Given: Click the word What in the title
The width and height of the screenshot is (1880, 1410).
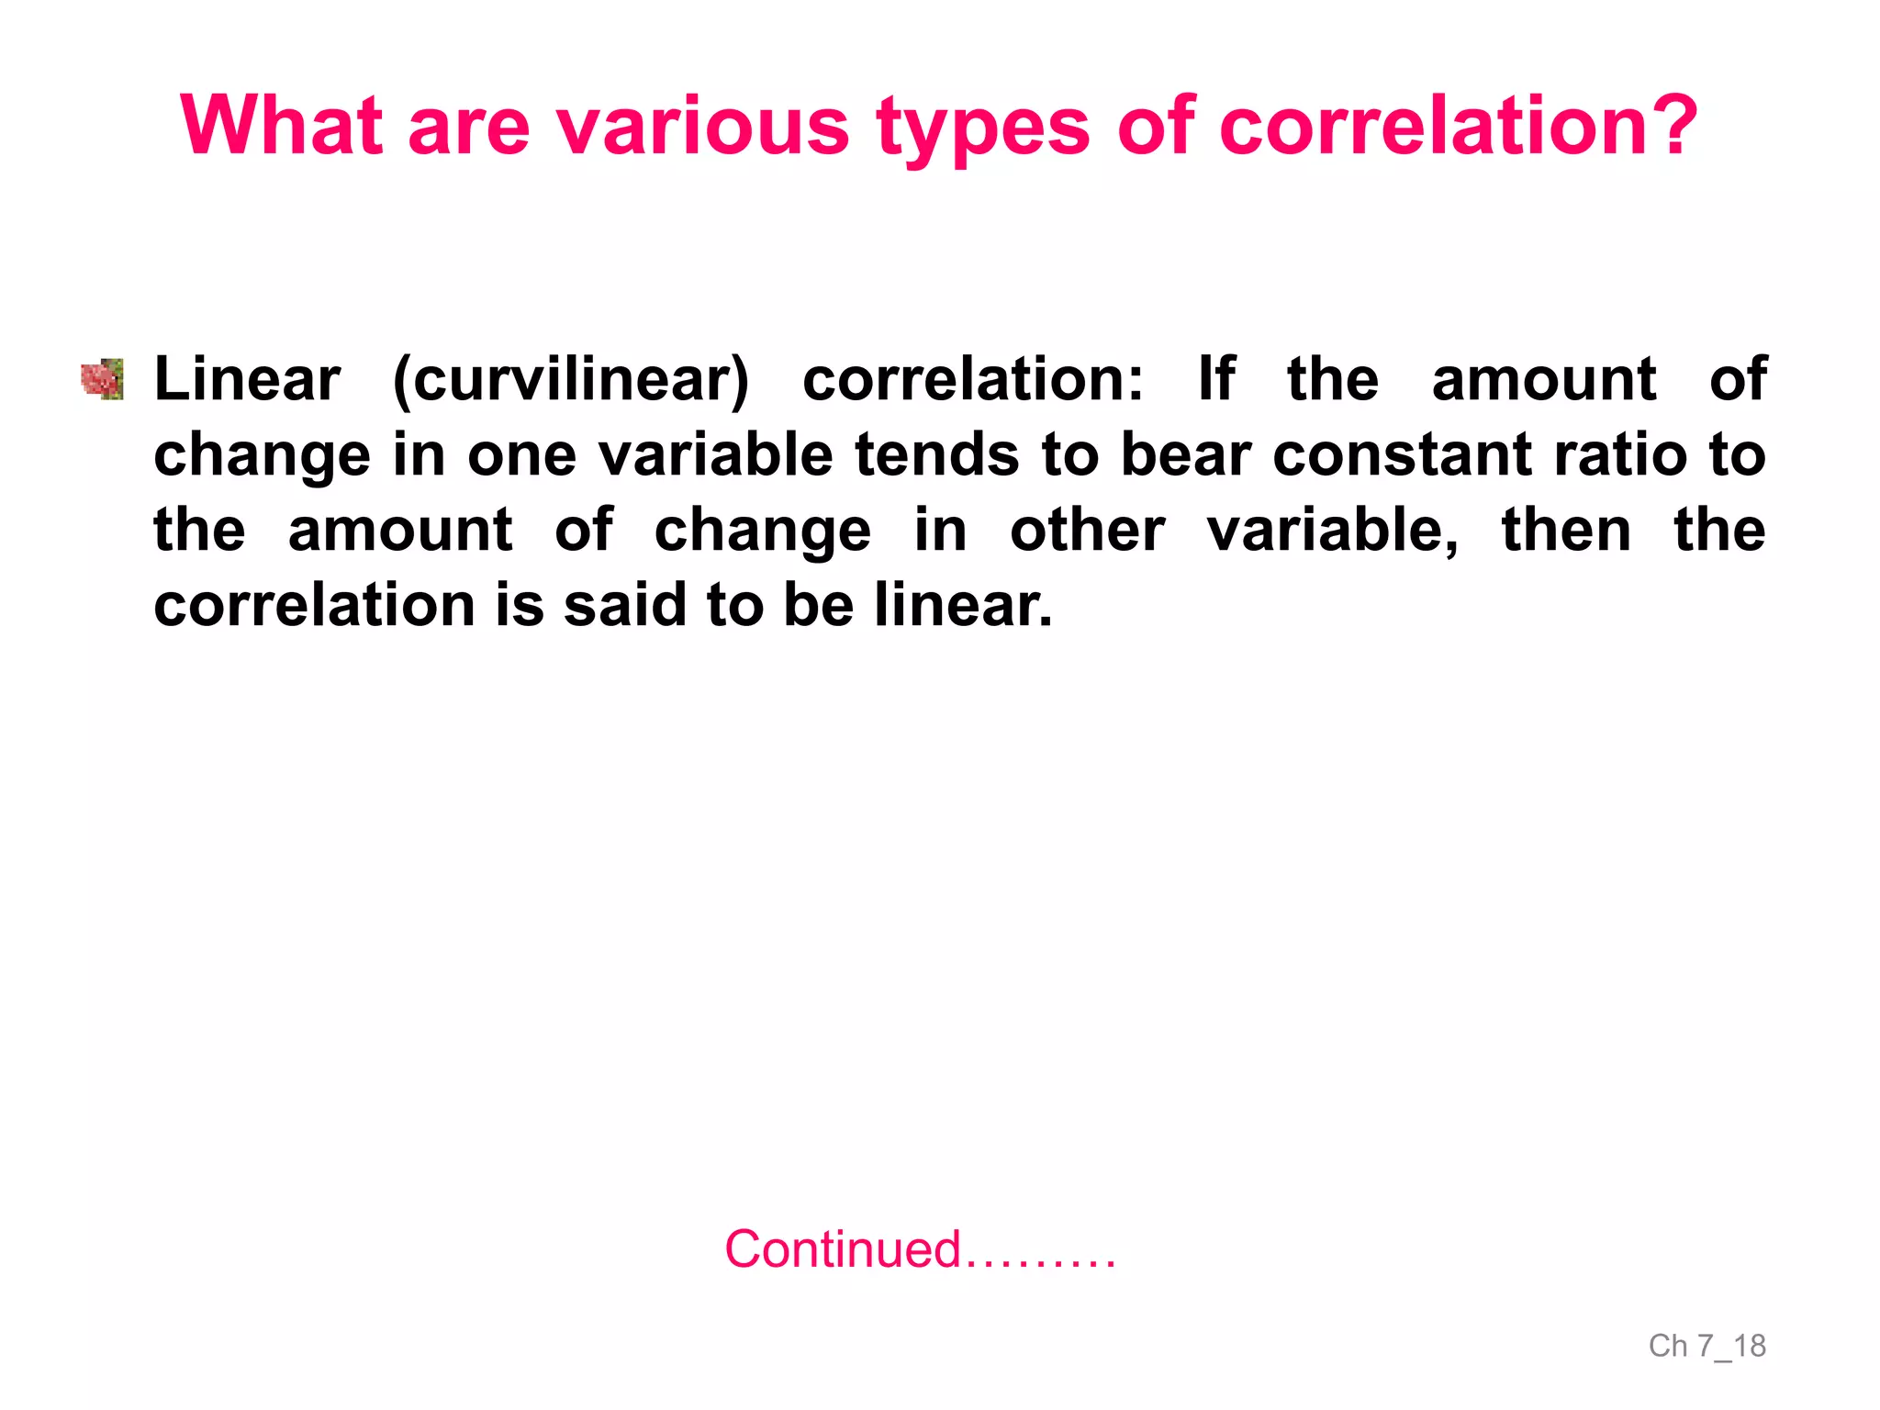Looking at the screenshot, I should (x=281, y=126).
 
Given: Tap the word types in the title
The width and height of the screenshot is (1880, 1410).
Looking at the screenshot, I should (x=983, y=126).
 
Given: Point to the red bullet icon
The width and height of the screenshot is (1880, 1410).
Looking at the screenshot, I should (x=102, y=379).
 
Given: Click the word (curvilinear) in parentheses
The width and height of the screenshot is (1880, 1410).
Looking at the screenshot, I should (x=570, y=379).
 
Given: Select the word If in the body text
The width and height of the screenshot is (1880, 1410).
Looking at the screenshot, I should (x=1216, y=379).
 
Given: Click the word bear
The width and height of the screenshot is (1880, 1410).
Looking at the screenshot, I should (x=1186, y=454).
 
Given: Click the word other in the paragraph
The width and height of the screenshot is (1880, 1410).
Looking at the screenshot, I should (x=1087, y=531).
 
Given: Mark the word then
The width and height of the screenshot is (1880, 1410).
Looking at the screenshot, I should (x=1566, y=531).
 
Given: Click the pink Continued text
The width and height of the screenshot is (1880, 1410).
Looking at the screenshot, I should (x=920, y=1249).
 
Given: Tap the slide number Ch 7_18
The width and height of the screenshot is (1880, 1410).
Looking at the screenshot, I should (x=1707, y=1346).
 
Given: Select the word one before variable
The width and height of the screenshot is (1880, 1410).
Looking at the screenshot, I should (x=521, y=454).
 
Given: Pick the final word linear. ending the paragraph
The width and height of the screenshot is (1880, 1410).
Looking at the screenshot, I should (x=963, y=606).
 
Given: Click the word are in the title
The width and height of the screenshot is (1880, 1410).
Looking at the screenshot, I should (x=468, y=126).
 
